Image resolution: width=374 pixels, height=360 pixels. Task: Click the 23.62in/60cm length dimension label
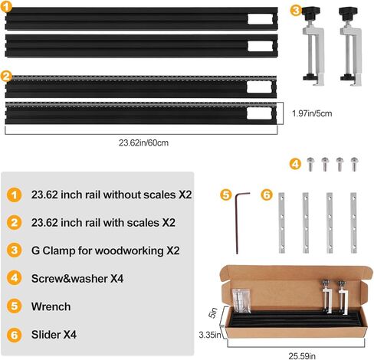[143, 142]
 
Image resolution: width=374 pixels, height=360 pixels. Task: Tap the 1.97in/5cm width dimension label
[312, 113]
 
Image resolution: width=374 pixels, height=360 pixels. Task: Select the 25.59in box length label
[302, 355]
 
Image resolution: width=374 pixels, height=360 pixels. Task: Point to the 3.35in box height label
[210, 335]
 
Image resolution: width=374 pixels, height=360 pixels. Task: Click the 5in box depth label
[213, 313]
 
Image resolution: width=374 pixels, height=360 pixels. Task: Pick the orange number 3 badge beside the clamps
[296, 11]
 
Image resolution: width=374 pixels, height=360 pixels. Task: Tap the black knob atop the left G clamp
[310, 11]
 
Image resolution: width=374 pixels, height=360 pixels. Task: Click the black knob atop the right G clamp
[347, 11]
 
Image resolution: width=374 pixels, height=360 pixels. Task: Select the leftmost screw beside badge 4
[310, 164]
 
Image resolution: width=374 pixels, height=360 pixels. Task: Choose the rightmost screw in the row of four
[354, 164]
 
